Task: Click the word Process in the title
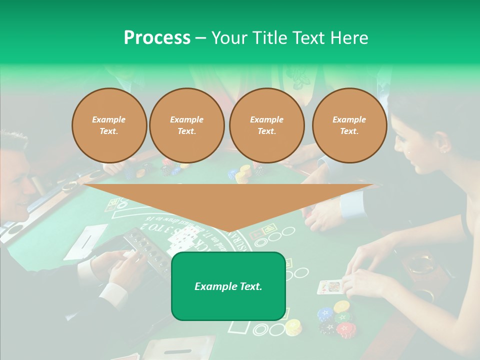tap(157, 38)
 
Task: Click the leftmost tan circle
tap(109, 125)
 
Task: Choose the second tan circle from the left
tap(186, 125)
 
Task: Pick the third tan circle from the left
tap(266, 125)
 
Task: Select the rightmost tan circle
tap(349, 125)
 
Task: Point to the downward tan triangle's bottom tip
tap(228, 232)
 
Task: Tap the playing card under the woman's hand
tap(329, 287)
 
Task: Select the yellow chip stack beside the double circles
tap(293, 327)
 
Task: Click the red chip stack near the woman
tap(346, 329)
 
